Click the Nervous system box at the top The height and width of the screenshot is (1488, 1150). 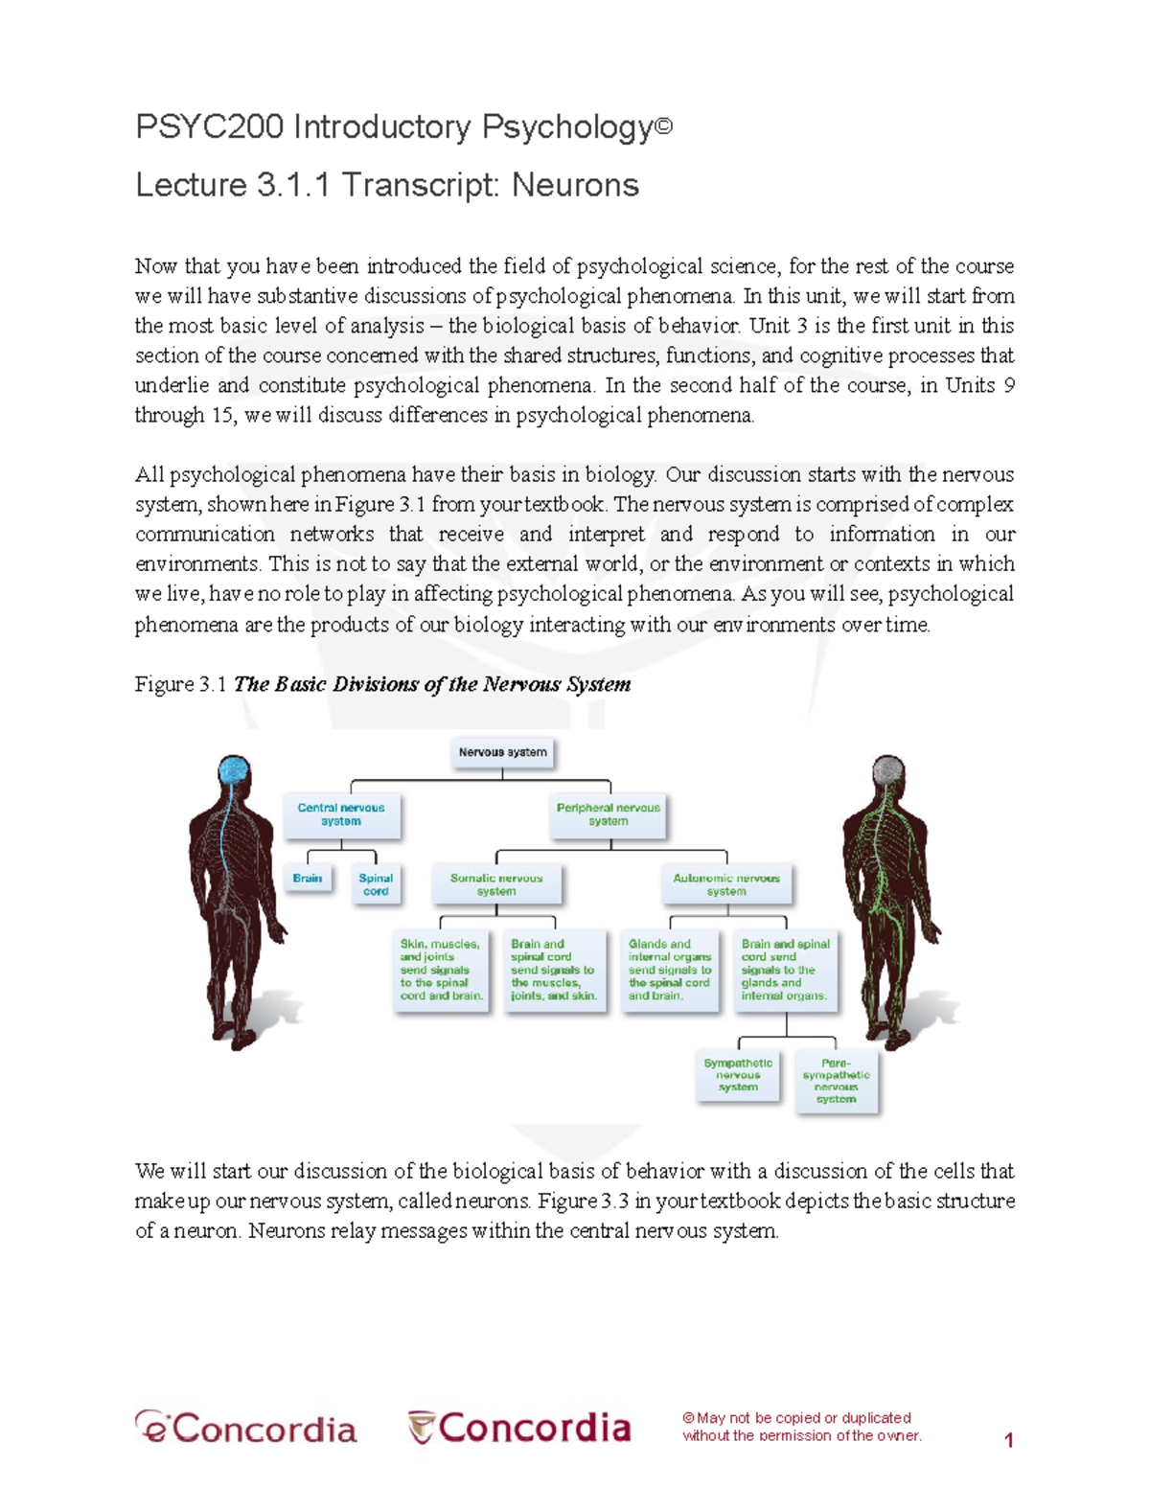pos(502,752)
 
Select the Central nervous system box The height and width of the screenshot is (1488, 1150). pos(341,814)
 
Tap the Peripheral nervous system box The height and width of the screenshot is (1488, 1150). pos(608,814)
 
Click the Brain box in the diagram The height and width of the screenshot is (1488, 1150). pos(308,878)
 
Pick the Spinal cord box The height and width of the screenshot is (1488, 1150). pos(376,884)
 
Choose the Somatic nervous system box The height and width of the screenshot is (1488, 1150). pos(496,884)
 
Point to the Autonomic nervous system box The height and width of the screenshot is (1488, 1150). pos(726,884)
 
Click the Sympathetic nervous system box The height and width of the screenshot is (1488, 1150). pos(738,1075)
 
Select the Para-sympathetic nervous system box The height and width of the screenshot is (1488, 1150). pos(836,1081)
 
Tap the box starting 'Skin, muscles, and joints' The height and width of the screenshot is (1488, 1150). pos(441,970)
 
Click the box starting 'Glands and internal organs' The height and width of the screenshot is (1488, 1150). pos(670,970)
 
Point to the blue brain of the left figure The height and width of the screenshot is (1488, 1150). pos(234,771)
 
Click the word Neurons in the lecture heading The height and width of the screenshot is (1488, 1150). pos(575,184)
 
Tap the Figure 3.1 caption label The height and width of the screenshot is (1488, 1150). pos(180,684)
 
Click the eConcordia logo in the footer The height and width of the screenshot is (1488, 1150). pos(246,1428)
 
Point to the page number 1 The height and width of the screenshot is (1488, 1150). pos(1008,1439)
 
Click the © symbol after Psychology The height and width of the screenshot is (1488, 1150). pos(663,125)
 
